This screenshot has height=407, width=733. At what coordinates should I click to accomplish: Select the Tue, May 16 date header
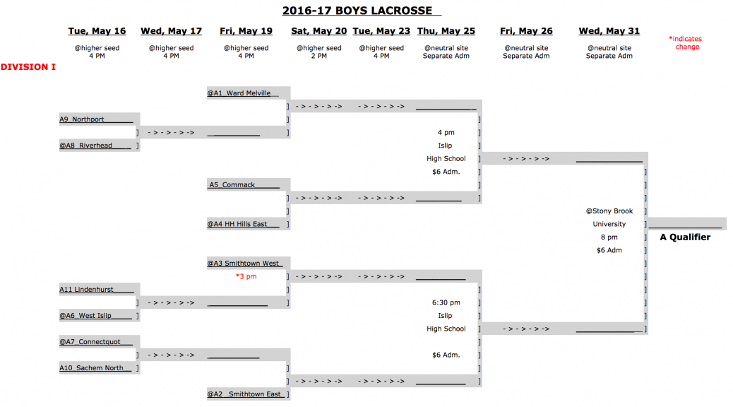pyautogui.click(x=97, y=31)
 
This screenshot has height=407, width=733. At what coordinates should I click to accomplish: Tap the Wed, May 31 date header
pyautogui.click(x=609, y=31)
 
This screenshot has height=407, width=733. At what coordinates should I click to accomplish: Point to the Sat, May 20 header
pyautogui.click(x=318, y=31)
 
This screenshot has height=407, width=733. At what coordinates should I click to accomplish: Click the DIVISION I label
pyautogui.click(x=28, y=67)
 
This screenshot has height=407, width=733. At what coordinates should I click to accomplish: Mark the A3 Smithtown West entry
pyautogui.click(x=244, y=264)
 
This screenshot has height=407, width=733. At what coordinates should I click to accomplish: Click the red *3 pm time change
pyautogui.click(x=246, y=276)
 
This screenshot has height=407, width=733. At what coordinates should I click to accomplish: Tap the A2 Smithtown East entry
pyautogui.click(x=244, y=394)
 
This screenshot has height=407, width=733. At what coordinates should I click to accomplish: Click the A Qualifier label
pyautogui.click(x=684, y=237)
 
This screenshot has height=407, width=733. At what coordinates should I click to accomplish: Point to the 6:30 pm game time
pyautogui.click(x=446, y=302)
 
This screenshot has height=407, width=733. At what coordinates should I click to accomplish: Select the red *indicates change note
pyautogui.click(x=686, y=43)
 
